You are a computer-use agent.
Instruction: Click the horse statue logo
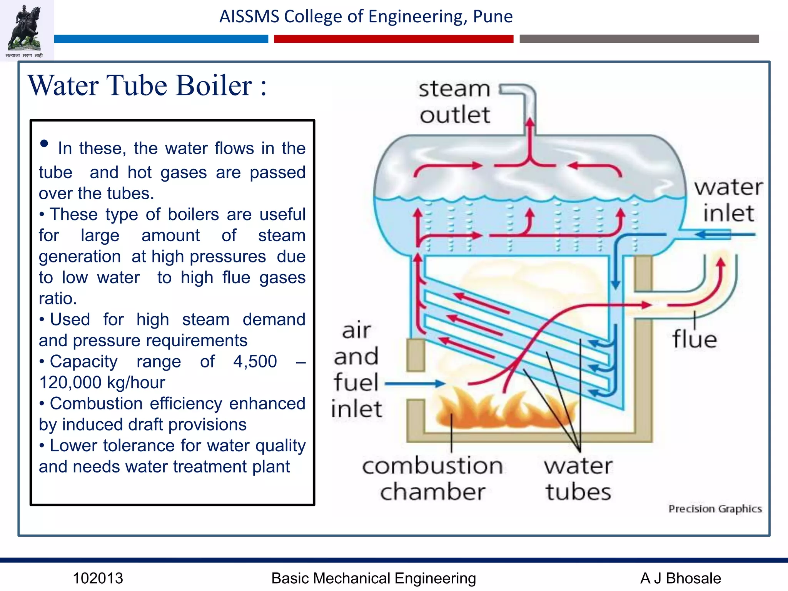(x=26, y=29)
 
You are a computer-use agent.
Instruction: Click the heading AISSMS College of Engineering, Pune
(x=366, y=17)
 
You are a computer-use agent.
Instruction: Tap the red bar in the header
(x=393, y=39)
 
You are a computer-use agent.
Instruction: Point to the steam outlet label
(x=455, y=102)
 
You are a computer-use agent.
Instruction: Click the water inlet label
(x=728, y=200)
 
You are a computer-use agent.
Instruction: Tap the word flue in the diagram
(x=695, y=339)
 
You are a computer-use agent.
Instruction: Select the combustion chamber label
(x=432, y=479)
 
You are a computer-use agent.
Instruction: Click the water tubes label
(x=578, y=479)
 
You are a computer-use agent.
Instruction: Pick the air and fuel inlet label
(x=356, y=369)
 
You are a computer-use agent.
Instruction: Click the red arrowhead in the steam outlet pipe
(x=530, y=122)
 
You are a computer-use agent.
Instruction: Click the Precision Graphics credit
(x=715, y=509)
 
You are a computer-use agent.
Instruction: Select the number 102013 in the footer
(x=98, y=578)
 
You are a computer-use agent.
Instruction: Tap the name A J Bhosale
(x=680, y=578)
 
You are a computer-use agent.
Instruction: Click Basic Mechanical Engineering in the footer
(x=373, y=578)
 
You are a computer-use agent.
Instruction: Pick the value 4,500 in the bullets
(x=255, y=361)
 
